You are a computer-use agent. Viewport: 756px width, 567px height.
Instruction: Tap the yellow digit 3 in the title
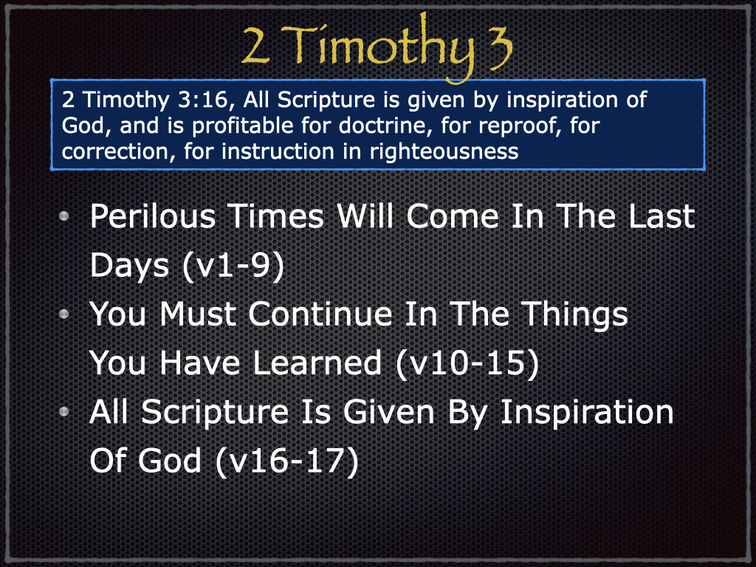[x=497, y=47]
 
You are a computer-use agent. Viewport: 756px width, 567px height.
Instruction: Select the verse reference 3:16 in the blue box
[x=202, y=100]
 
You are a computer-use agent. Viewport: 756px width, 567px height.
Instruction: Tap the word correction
[x=115, y=152]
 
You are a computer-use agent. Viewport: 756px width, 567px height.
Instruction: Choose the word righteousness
[x=444, y=152]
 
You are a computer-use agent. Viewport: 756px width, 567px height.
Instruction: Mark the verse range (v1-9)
[x=233, y=266]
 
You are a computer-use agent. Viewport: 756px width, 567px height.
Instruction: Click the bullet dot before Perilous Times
[x=63, y=216]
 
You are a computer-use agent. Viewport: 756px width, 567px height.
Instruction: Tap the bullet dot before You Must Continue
[x=63, y=315]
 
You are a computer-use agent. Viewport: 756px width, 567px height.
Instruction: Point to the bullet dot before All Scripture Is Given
[x=63, y=412]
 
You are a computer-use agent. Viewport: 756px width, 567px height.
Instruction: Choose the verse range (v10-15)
[x=467, y=363]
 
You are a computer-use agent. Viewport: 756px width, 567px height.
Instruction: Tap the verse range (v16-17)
[x=287, y=461]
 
